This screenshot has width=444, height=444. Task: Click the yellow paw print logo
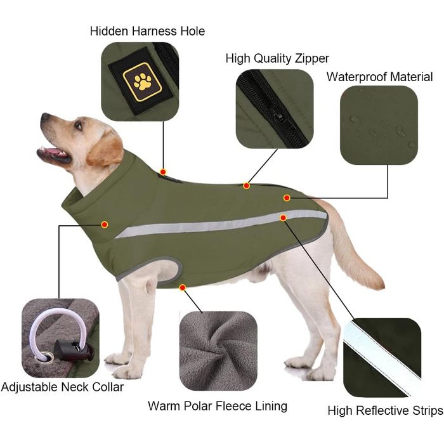[x=143, y=82]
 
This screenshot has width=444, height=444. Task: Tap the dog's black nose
[x=45, y=117]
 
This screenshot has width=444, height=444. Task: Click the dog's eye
[x=79, y=125]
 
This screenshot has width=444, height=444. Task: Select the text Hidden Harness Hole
[x=147, y=31]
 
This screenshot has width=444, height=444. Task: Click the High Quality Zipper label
[x=277, y=58]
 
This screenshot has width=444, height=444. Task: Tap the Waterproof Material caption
[x=379, y=77]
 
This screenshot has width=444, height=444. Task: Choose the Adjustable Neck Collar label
[x=62, y=387]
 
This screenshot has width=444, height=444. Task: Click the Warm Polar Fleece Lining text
[x=218, y=406]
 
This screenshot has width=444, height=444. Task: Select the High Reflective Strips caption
[x=385, y=410]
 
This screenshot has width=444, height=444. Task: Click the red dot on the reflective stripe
[x=283, y=218]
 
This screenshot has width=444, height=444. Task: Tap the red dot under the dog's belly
[x=183, y=288]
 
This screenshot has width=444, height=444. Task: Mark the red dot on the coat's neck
[x=105, y=225]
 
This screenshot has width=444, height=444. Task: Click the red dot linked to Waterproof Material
[x=287, y=198]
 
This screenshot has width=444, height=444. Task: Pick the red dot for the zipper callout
[x=246, y=186]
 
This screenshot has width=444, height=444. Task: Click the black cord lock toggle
[x=74, y=350]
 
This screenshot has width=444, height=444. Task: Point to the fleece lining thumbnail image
[x=218, y=351]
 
